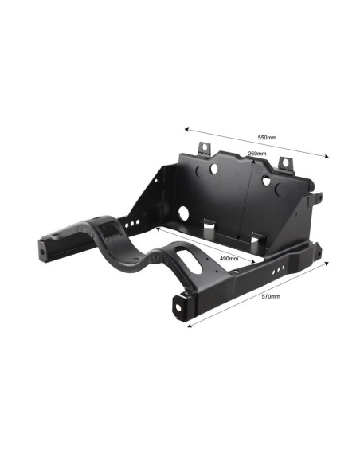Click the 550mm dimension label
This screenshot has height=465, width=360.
(267, 137)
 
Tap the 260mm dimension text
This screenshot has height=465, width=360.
(256, 154)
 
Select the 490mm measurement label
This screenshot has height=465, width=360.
(229, 258)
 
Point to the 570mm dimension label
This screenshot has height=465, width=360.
(271, 296)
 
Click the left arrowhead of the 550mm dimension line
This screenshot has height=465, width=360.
(186, 129)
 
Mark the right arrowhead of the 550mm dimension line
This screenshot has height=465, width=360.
(327, 157)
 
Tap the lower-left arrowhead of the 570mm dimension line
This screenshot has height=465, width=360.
(190, 326)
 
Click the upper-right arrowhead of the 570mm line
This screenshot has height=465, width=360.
(327, 263)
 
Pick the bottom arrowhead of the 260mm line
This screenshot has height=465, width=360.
(238, 237)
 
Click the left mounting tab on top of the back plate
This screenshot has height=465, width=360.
(204, 148)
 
